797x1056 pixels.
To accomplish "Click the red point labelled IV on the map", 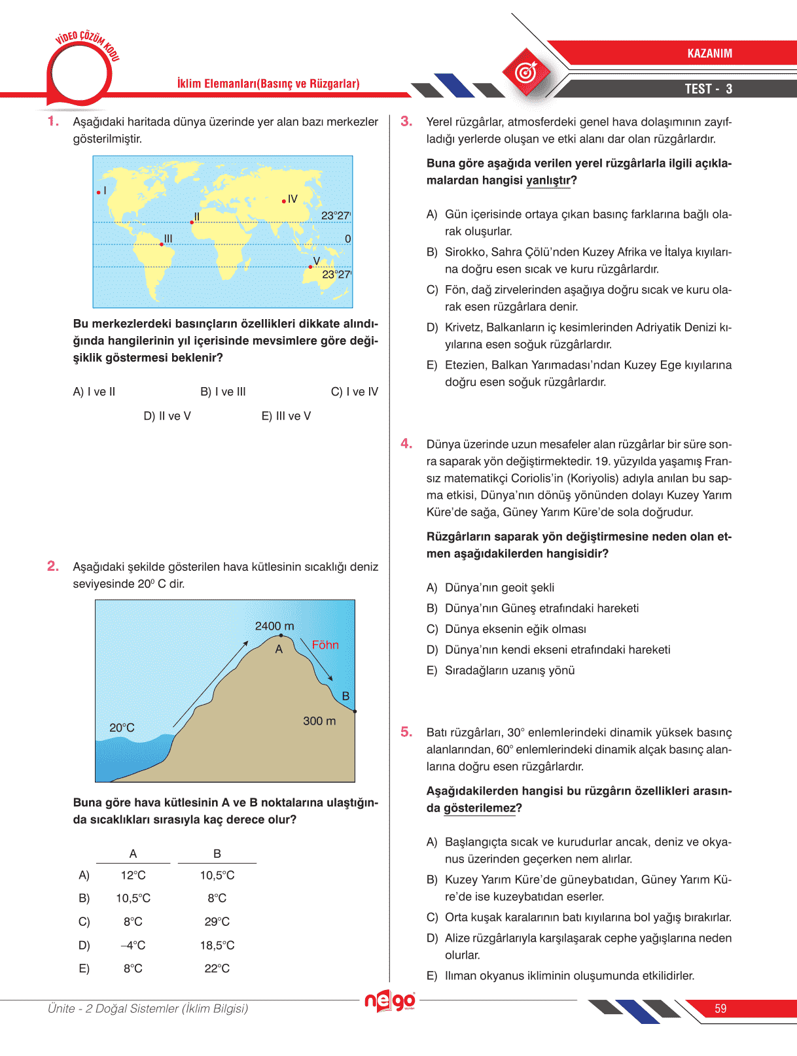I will [283, 201].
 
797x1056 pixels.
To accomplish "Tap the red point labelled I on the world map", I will [98, 192].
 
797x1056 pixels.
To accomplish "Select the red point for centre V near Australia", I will [310, 267].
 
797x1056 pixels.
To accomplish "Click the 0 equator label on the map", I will [347, 239].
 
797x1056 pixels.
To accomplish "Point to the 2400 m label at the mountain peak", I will [274, 626].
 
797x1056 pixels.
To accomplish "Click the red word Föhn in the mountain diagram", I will [325, 645].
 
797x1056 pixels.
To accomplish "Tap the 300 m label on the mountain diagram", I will [319, 721].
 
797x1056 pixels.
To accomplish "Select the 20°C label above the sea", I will [122, 728].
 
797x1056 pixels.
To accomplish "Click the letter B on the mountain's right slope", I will [345, 696].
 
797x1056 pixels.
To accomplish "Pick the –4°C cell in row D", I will [133, 945].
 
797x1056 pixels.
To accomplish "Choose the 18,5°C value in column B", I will [217, 945].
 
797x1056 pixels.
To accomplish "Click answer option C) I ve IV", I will [354, 392].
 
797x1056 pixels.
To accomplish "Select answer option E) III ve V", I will [286, 417].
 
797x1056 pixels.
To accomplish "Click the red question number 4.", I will [406, 444].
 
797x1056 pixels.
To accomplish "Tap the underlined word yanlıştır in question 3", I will [548, 180].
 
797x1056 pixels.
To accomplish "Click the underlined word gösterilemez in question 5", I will [480, 808].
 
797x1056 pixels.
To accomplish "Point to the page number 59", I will [720, 1009].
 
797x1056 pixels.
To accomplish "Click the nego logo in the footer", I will [390, 1001].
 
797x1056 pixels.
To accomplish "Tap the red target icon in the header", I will [526, 73].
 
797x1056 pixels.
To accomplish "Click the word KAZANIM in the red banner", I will [709, 54].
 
